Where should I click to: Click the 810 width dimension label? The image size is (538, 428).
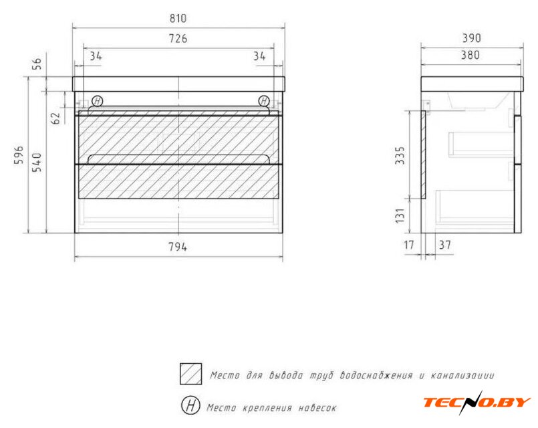(178, 18)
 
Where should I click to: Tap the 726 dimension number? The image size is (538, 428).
(178, 38)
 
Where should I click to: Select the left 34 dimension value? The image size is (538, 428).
(96, 56)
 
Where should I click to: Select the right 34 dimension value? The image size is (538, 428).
(260, 56)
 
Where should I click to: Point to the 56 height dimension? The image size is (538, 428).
(37, 64)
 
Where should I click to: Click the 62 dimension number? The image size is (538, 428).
(55, 118)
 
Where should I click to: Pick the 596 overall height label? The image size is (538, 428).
(19, 154)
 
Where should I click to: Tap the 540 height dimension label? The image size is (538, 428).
(37, 162)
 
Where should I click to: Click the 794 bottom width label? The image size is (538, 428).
(178, 247)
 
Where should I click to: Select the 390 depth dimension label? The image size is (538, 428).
(471, 37)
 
